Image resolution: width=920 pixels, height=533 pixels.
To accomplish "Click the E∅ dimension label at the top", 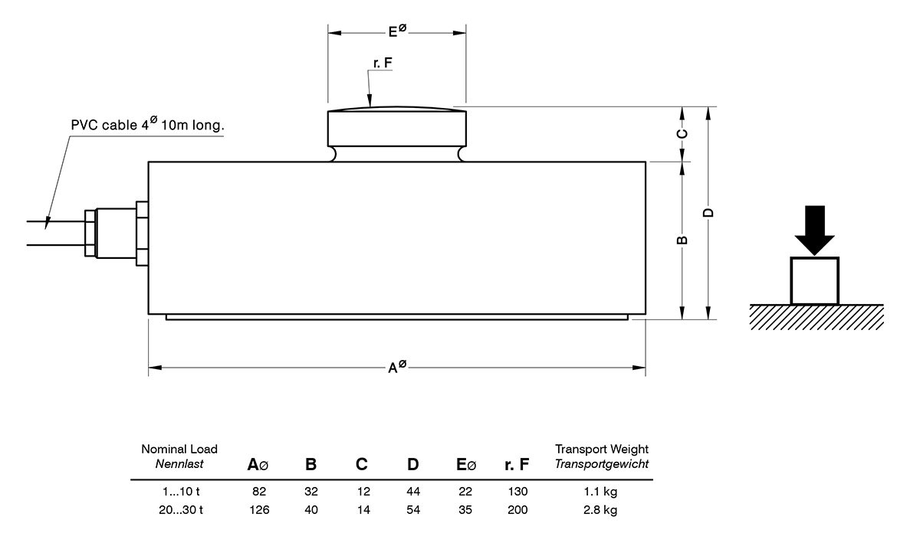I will pos(396,31).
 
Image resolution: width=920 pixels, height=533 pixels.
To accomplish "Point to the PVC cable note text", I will pos(147,125).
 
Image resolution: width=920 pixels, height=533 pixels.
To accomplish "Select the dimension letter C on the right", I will pos(682,134).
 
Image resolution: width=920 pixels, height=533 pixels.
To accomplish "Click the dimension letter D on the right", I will pos(708,213).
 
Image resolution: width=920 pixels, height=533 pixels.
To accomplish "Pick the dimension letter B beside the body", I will pos(682,240).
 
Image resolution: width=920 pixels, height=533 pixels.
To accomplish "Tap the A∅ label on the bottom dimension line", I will pos(396,368).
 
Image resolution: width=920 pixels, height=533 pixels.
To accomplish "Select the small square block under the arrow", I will pos(814,280).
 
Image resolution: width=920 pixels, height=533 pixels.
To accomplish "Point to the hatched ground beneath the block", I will pos(816,317).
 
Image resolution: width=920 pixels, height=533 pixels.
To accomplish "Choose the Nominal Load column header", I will pos(179,456).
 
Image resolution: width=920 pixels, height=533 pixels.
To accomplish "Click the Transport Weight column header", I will pos(602,456).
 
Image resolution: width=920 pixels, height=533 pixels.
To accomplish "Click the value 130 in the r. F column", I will pos(518,491).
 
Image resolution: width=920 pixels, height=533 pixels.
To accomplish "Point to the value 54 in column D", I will pos(413,509).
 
